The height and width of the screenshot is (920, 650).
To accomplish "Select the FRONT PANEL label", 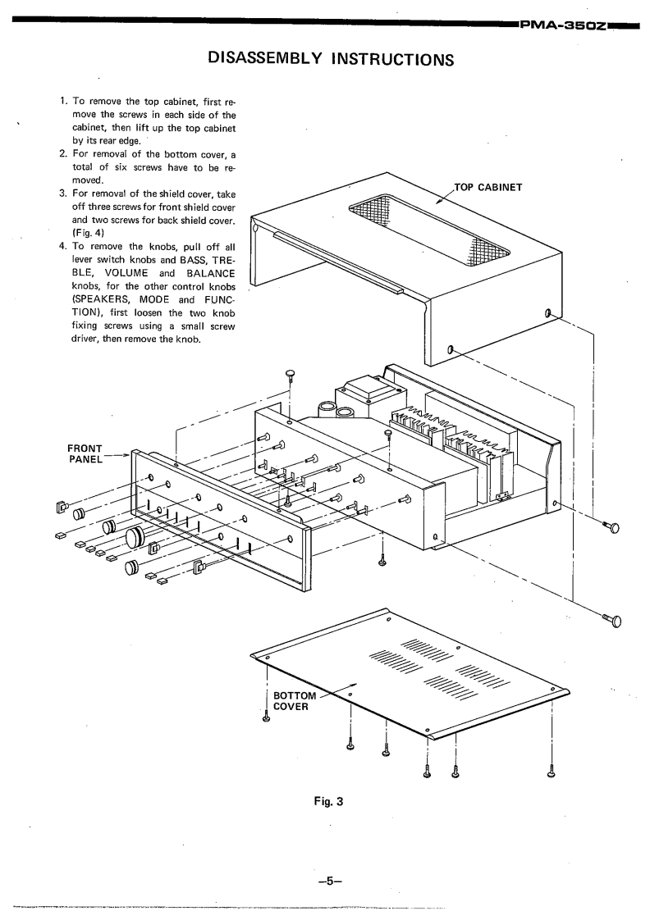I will click(85, 453).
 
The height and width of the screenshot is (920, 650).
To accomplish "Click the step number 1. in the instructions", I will click(64, 102).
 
